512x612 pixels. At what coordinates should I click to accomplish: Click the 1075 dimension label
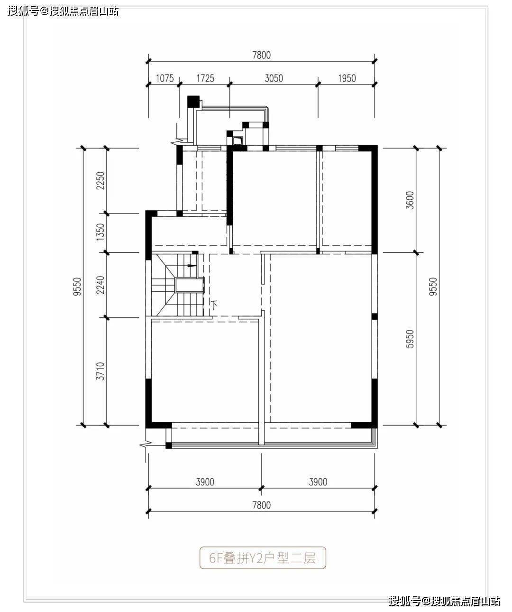[x=165, y=78]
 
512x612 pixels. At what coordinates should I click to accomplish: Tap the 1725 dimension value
[x=205, y=78]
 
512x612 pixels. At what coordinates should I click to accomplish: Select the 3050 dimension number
[x=274, y=78]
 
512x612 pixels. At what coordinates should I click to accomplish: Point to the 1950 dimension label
[x=347, y=78]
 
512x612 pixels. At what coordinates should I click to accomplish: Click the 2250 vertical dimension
[x=100, y=181]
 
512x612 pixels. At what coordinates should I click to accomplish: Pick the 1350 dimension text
[x=100, y=232]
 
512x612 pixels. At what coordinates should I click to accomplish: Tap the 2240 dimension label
[x=100, y=285]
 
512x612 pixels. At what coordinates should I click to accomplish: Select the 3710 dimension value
[x=100, y=371]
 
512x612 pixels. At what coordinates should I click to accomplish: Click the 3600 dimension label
[x=410, y=200]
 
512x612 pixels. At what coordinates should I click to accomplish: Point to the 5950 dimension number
[x=410, y=339]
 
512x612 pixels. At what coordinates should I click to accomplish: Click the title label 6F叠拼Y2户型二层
[x=263, y=558]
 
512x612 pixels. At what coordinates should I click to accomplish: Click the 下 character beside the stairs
[x=215, y=305]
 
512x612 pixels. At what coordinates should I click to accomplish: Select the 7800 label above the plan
[x=262, y=55]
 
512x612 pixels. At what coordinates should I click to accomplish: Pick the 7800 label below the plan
[x=262, y=505]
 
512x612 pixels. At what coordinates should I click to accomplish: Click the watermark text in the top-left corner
[x=63, y=11]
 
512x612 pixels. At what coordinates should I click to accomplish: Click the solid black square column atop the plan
[x=193, y=102]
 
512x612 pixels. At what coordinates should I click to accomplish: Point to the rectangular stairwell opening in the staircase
[x=190, y=285]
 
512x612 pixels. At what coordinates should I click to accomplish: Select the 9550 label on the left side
[x=77, y=287]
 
